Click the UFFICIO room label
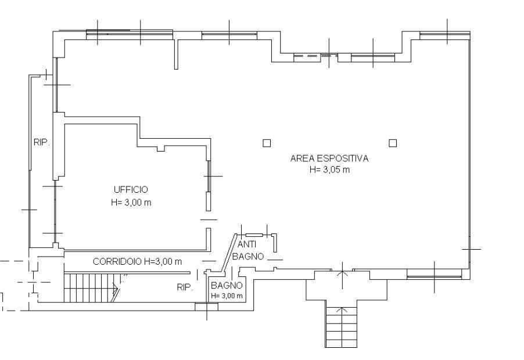click(x=131, y=190)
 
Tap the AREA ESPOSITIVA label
click(x=329, y=159)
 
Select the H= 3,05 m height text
click(x=329, y=170)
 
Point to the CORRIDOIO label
click(x=117, y=261)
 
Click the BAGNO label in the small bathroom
click(x=227, y=286)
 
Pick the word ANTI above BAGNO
click(x=247, y=244)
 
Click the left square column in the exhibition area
click(x=266, y=143)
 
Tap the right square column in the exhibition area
click(x=393, y=143)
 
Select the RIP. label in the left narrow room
click(x=42, y=143)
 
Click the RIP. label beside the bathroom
click(x=185, y=287)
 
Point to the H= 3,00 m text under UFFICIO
click(x=131, y=203)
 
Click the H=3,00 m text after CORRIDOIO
click(x=163, y=261)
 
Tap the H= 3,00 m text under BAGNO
click(x=227, y=296)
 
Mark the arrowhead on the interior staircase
click(x=117, y=288)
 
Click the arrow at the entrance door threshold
click(x=342, y=275)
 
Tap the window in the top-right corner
click(x=445, y=35)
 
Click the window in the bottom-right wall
click(x=434, y=275)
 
